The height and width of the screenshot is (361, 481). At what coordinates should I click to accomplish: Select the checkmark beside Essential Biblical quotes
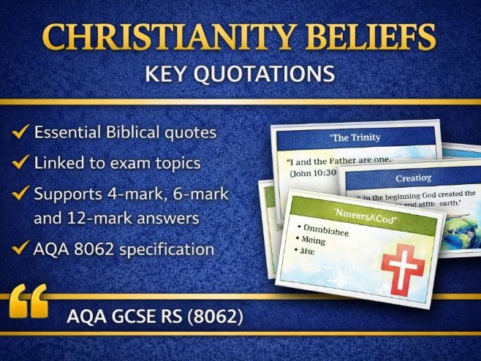21,132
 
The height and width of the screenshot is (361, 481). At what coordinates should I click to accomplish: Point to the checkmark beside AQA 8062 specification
21,249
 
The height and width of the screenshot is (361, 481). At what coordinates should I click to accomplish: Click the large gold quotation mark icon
30,301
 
